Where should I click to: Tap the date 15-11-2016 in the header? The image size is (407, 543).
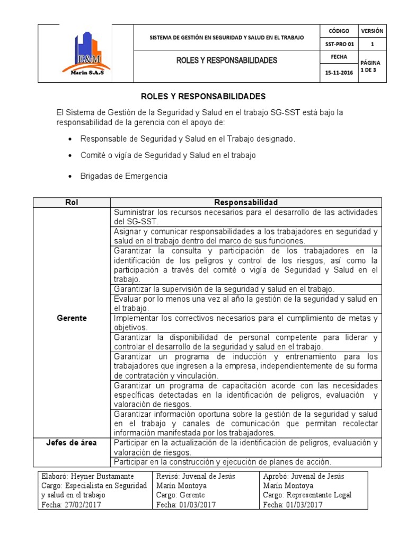(339, 73)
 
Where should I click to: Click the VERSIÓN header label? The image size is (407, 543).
(373, 31)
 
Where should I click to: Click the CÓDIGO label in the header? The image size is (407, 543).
(339, 31)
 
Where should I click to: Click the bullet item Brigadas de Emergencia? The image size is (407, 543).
(123, 176)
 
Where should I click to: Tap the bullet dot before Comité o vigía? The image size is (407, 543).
(70, 156)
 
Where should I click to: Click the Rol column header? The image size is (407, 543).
(72, 203)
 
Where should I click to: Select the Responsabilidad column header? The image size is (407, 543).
(245, 203)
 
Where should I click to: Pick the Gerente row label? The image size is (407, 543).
(72, 318)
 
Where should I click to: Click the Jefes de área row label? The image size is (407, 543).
(72, 443)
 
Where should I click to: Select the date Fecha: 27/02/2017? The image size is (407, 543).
(71, 505)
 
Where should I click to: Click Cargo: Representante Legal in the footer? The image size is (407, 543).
(307, 495)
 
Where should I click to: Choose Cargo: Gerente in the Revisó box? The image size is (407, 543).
(179, 495)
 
